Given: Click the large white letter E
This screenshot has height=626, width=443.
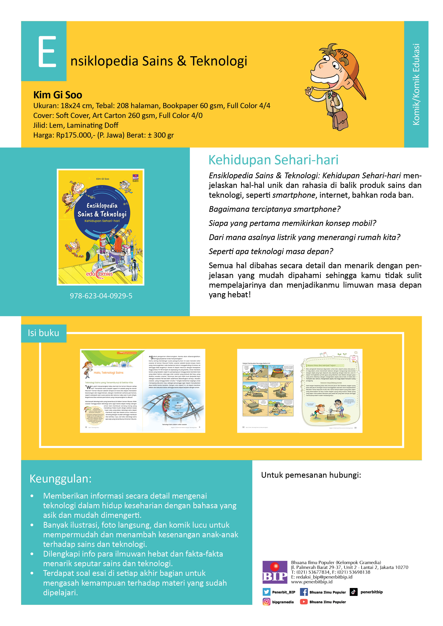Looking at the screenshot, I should click(x=47, y=52).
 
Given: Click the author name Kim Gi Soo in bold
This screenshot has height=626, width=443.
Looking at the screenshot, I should click(x=58, y=95).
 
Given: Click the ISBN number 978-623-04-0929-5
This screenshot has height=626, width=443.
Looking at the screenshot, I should click(x=101, y=296).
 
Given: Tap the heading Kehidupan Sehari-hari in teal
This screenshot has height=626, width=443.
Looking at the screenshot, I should click(x=273, y=160).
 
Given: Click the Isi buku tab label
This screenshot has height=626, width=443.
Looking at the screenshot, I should click(x=43, y=333).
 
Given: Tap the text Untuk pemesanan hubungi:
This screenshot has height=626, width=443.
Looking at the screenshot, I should click(x=311, y=475).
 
